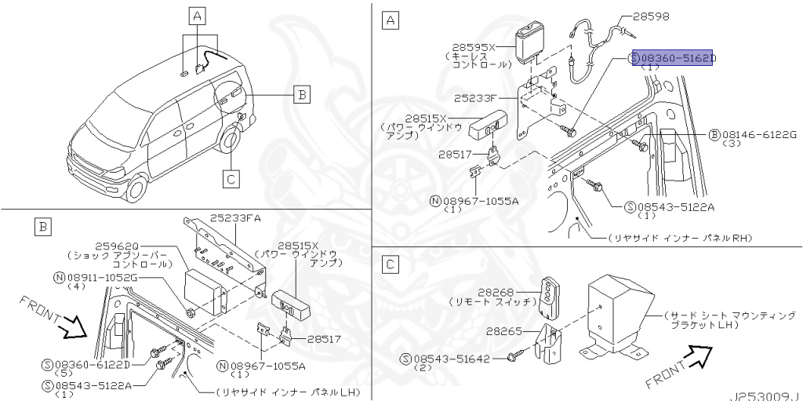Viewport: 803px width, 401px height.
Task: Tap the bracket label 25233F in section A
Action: (476, 100)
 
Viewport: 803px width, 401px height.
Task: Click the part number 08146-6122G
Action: (758, 135)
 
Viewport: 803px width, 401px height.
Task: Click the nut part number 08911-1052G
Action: (100, 276)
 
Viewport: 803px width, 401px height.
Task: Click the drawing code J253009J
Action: (766, 396)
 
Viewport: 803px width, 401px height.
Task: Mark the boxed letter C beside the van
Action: (231, 180)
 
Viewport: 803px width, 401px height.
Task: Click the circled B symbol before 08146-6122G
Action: (714, 135)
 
